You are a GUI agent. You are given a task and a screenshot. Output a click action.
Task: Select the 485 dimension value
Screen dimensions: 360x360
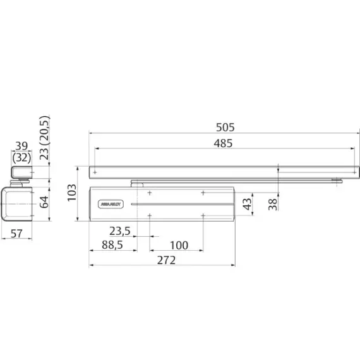point(222,143)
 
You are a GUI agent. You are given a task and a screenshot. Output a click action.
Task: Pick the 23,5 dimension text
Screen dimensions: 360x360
point(119,231)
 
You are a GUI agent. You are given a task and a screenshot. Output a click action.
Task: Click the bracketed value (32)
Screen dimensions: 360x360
point(21,159)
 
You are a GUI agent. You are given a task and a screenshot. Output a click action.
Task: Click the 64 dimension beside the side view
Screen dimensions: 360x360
point(44,202)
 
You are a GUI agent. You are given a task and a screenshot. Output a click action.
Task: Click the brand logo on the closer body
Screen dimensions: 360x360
point(109,204)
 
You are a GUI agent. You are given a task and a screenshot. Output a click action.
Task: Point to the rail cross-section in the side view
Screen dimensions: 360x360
point(21,172)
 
